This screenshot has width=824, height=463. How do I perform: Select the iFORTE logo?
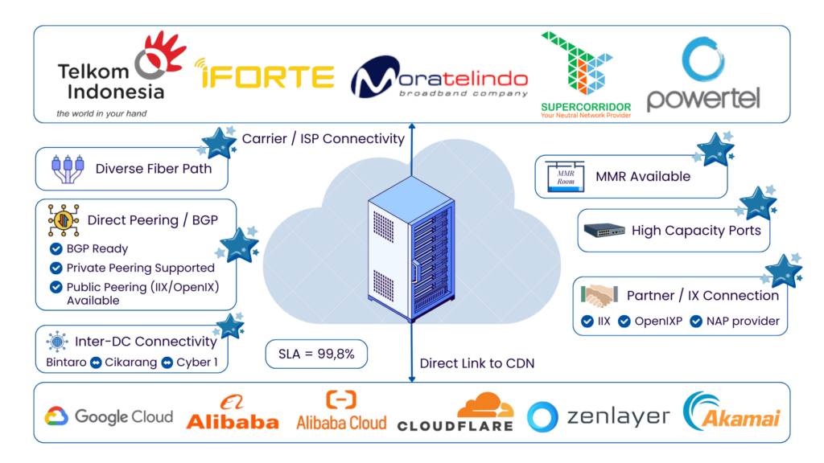pyautogui.click(x=265, y=76)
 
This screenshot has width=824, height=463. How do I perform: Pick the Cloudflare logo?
pyautogui.click(x=455, y=412)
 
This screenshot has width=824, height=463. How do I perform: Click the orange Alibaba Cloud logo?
pyautogui.click(x=341, y=411)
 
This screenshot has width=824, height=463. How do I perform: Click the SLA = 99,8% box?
pyautogui.click(x=316, y=353)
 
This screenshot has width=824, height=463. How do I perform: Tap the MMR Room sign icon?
pyautogui.click(x=563, y=177)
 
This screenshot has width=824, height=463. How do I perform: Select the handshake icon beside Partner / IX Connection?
pyautogui.click(x=599, y=297)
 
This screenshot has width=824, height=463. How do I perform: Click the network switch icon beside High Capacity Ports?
pyautogui.click(x=604, y=231)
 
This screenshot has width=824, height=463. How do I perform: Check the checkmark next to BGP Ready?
pyautogui.click(x=56, y=249)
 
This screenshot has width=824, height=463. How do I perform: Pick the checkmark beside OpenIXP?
pyautogui.click(x=624, y=322)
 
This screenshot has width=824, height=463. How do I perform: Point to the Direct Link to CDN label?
pyautogui.click(x=476, y=363)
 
